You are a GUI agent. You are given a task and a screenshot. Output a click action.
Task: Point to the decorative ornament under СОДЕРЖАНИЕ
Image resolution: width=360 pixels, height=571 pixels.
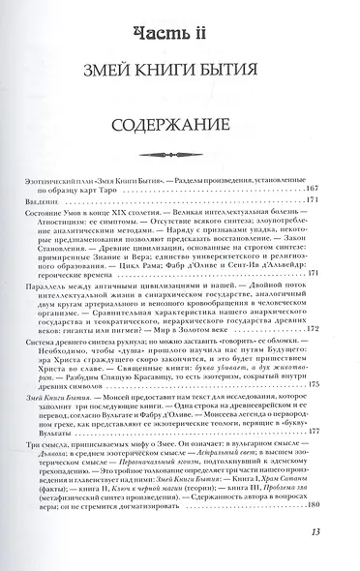click(180, 154)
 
